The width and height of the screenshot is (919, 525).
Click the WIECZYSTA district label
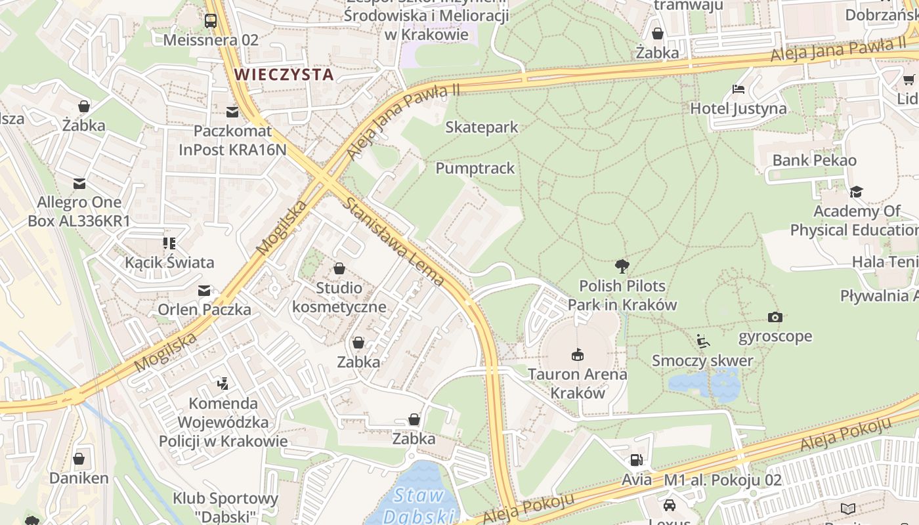coord(284,74)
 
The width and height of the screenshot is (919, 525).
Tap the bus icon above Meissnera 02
coord(210,21)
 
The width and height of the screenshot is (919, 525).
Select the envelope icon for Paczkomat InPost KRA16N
coord(232,112)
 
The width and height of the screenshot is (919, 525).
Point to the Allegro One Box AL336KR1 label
coord(79,211)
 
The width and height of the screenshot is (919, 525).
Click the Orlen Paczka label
coord(204,309)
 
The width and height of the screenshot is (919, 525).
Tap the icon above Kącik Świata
coord(170,243)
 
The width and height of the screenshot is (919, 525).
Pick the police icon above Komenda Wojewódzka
coord(223,383)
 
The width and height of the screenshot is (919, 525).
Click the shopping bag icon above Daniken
coord(79,459)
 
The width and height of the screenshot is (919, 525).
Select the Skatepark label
coord(482,127)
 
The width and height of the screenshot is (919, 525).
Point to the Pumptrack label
coord(475,169)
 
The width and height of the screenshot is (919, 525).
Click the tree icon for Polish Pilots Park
coord(622,266)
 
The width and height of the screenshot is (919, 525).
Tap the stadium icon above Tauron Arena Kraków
coord(578,354)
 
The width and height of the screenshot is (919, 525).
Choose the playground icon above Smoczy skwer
coord(702,341)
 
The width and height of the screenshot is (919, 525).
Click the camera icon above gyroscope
coord(775,317)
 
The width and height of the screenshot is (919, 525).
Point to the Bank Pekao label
coord(814,160)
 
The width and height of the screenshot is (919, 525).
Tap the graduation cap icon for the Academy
coord(856,192)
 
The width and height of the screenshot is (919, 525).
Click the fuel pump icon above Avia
coord(636,460)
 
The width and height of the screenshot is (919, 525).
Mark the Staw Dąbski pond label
coord(420,505)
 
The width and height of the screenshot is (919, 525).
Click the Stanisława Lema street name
coord(394,242)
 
